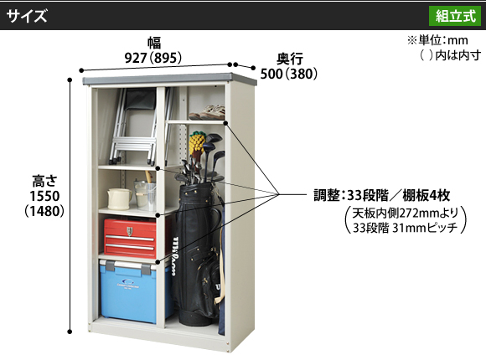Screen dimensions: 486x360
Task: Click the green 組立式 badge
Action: click(455, 16)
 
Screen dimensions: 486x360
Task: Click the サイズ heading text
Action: click(27, 16)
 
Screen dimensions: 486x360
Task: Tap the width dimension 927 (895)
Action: click(153, 58)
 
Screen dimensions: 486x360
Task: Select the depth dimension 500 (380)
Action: click(289, 74)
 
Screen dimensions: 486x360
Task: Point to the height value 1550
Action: click(44, 196)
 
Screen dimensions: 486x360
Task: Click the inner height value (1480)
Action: click(44, 211)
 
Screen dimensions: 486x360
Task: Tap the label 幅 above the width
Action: click(154, 43)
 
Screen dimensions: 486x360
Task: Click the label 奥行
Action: click(290, 59)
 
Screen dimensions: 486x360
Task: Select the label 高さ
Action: click(45, 181)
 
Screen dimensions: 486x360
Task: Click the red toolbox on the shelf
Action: click(130, 238)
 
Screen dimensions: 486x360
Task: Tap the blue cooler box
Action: click(133, 291)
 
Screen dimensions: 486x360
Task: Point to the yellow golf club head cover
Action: click(197, 143)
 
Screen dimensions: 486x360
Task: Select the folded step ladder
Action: click(139, 126)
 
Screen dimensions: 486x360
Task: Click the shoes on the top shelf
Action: click(207, 112)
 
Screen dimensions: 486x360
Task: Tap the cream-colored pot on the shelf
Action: click(119, 198)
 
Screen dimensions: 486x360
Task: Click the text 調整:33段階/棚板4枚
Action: click(382, 196)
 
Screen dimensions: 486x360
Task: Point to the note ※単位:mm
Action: click(437, 40)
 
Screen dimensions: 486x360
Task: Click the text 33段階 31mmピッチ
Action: click(405, 228)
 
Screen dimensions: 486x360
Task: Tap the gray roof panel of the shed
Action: click(169, 79)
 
